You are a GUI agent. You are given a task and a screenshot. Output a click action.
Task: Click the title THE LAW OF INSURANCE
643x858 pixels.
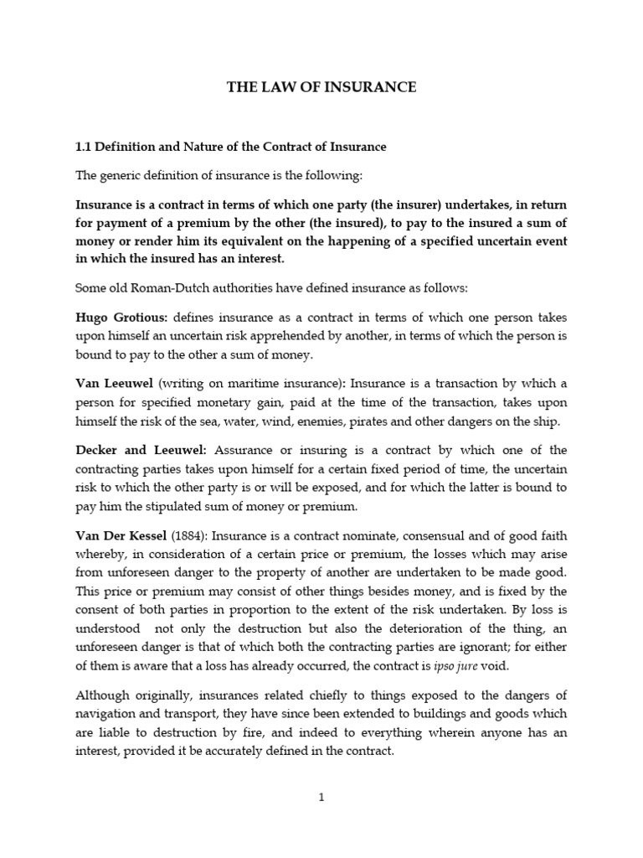(321, 87)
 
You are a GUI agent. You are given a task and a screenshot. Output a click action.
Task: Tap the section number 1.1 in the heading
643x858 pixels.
(84, 147)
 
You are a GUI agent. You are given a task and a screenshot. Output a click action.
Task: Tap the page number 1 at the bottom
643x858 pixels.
(321, 798)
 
